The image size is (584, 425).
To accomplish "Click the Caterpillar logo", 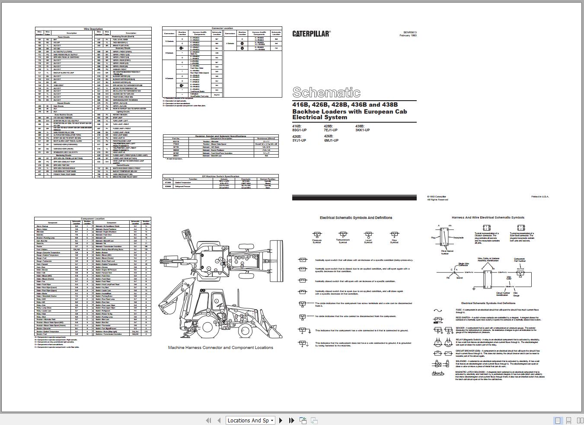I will click(311, 34).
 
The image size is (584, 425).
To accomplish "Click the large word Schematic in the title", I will click(326, 92).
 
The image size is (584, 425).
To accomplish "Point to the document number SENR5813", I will click(410, 32).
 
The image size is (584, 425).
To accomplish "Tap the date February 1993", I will click(408, 36).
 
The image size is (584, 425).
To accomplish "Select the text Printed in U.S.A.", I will click(540, 197).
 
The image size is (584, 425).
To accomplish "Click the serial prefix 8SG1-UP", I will click(299, 130).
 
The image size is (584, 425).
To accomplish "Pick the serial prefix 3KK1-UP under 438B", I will click(362, 130).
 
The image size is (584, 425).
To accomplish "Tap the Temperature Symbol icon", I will click(342, 234).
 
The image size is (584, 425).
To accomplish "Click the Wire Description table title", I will click(93, 29).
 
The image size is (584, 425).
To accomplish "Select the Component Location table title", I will click(93, 219).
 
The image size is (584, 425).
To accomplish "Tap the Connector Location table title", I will click(222, 29).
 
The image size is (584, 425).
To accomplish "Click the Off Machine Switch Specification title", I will click(220, 176).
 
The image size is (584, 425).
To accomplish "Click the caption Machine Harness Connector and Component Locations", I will click(220, 347).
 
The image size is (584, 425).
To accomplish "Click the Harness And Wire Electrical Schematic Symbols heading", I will click(488, 218).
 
